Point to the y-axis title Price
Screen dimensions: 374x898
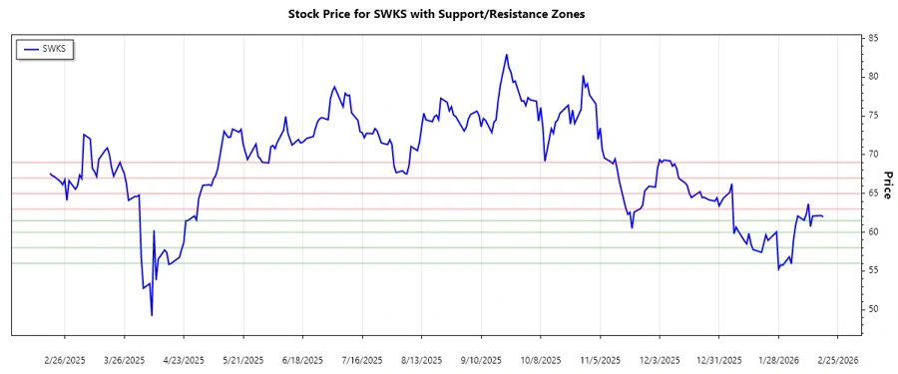[x=888, y=186]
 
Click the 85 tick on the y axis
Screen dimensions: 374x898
[x=873, y=38]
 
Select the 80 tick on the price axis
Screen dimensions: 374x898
[x=873, y=77]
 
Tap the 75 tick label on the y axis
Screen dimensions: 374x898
[x=873, y=116]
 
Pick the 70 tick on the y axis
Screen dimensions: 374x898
[x=873, y=155]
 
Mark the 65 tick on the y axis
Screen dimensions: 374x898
[x=873, y=193]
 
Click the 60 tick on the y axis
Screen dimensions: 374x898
[x=873, y=231]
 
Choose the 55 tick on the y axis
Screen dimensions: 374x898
[x=873, y=270]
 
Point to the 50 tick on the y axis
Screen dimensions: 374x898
[x=873, y=309]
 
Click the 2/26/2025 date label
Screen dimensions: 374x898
[x=65, y=359]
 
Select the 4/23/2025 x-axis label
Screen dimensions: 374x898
[x=183, y=359]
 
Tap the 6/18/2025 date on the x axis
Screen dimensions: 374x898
[x=302, y=359]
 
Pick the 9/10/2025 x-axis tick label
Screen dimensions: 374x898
[x=480, y=359]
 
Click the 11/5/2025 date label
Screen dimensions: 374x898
[x=600, y=359]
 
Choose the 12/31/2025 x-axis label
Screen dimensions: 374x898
[x=718, y=359]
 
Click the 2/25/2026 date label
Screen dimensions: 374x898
[x=837, y=359]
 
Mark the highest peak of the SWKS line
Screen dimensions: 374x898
[x=506, y=55]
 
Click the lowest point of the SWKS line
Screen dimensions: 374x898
[x=152, y=315]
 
